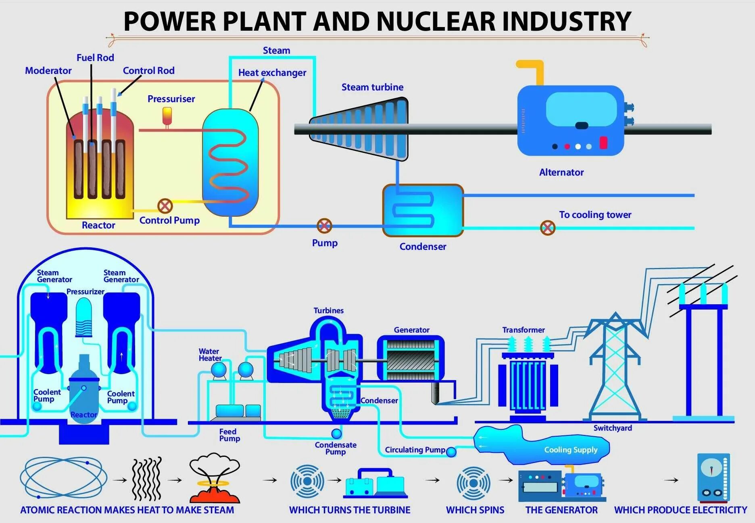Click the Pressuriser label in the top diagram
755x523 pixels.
point(171,99)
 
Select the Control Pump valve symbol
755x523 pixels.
point(165,206)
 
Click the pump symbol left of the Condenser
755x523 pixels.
point(324,226)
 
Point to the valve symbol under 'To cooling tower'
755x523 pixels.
point(547,228)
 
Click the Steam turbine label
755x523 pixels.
point(372,87)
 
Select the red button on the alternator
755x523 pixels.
point(603,143)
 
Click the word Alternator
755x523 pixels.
point(561,172)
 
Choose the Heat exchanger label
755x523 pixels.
point(272,73)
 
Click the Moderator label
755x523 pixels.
point(48,71)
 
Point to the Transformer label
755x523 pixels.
point(523,330)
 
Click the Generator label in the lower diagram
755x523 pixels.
point(411,330)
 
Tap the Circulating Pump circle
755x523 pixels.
point(451,452)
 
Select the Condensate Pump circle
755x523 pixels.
point(336,434)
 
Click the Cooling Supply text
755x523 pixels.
point(571,450)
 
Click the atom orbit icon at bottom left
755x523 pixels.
point(63,478)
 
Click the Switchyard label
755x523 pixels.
point(612,428)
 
